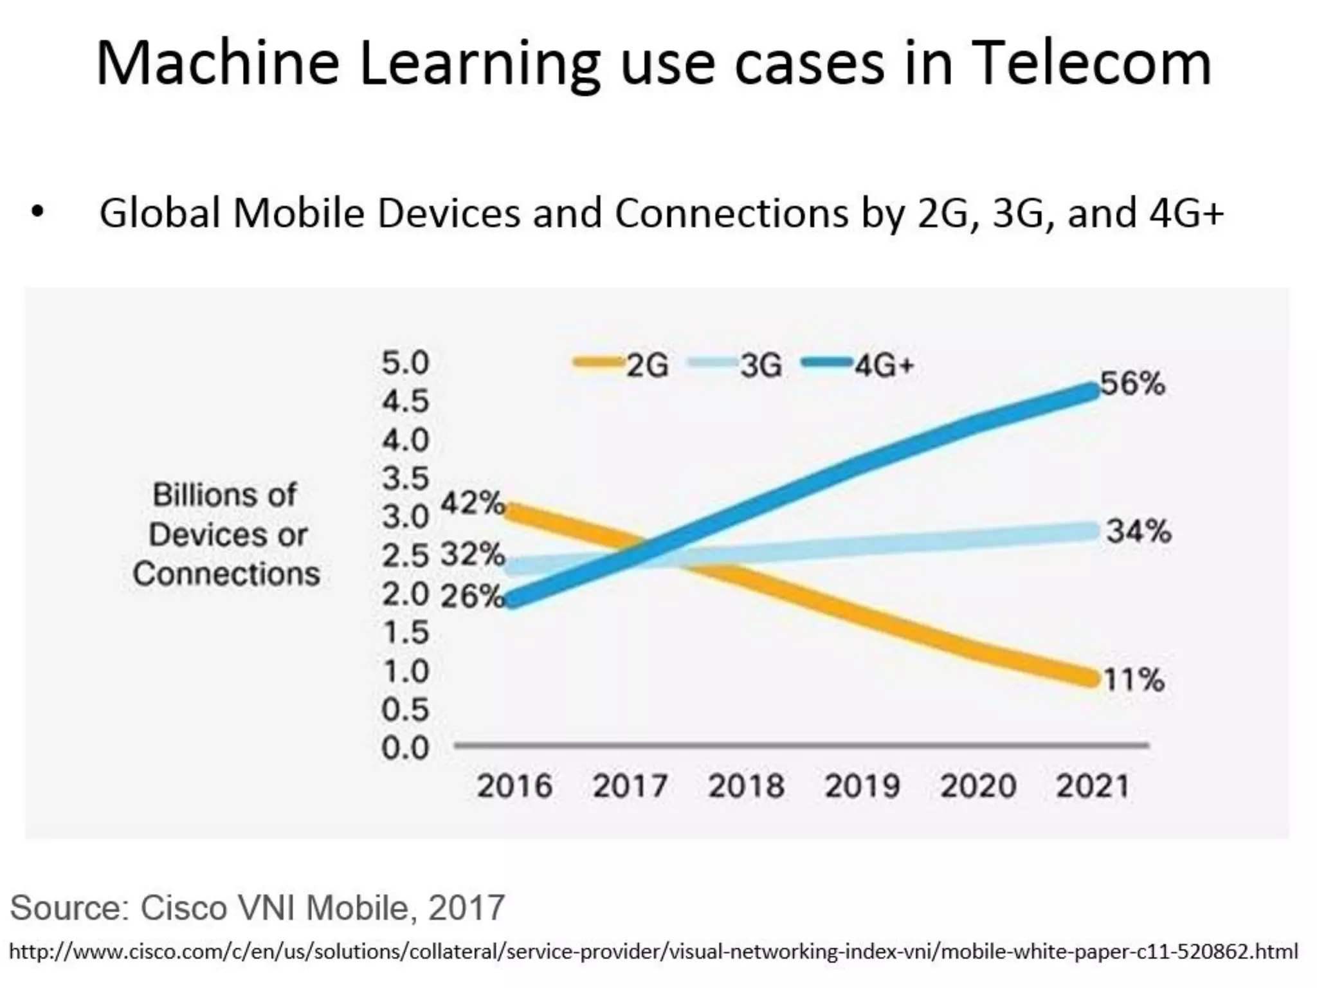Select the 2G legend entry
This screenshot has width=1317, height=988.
[621, 366]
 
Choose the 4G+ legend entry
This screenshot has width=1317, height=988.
[858, 366]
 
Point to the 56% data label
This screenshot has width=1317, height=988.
[1132, 384]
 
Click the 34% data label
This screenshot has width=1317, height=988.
[1139, 532]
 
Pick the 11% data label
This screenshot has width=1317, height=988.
[1134, 679]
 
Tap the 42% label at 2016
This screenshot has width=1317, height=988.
[473, 502]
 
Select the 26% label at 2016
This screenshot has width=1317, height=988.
[473, 596]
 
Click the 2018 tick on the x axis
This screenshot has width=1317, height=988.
[746, 786]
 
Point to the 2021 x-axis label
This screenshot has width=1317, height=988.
[1093, 786]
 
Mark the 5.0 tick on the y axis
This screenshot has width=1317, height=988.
[405, 363]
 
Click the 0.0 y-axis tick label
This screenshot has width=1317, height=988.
[405, 748]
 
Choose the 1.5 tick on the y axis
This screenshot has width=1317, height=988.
[405, 633]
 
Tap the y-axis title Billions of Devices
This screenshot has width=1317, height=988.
[225, 515]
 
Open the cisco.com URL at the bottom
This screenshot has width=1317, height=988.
[653, 951]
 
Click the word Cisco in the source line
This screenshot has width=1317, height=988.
[183, 908]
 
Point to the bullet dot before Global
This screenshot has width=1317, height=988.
[37, 212]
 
